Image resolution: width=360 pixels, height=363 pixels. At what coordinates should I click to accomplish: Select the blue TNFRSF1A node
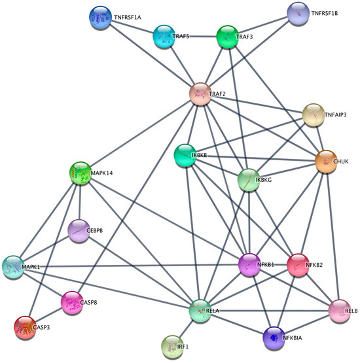point(101,19)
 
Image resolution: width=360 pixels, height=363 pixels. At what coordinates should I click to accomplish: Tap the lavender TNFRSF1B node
point(298,13)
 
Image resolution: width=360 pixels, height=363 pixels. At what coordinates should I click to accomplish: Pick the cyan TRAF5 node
point(164,37)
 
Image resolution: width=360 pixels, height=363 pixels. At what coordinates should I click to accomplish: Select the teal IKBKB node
point(185,156)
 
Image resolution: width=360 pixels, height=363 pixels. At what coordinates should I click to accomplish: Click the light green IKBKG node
point(249,179)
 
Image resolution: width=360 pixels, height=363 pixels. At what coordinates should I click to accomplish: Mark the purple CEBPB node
point(79,230)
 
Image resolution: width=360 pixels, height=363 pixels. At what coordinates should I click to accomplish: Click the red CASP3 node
point(25,326)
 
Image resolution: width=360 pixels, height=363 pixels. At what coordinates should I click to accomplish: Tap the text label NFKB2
point(319,265)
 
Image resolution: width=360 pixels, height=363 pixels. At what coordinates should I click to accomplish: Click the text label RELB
point(351,311)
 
